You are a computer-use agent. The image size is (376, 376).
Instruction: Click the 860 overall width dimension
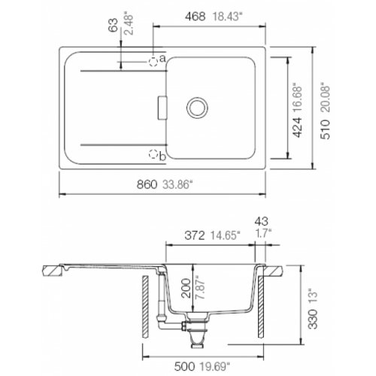coord(147,185)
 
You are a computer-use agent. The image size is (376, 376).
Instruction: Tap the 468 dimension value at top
coord(196,17)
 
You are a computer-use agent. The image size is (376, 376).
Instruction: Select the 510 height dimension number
coord(326,129)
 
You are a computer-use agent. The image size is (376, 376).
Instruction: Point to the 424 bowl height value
coord(298,127)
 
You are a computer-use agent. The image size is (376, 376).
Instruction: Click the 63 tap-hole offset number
coord(113,25)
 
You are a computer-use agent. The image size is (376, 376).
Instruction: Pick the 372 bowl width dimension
coord(195,235)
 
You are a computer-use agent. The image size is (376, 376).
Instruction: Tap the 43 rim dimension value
coord(262,221)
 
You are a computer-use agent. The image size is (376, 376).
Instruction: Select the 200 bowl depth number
coord(186,288)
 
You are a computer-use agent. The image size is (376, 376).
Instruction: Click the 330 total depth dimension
coord(313,319)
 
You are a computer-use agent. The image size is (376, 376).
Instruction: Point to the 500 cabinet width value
coord(184,367)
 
